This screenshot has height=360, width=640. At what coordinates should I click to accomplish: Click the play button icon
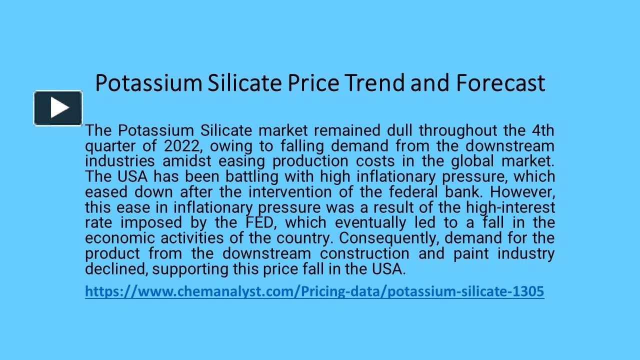[x=58, y=108]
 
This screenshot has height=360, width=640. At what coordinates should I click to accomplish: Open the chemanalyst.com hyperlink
[x=314, y=291]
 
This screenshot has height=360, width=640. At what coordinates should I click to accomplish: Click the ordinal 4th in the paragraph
[x=542, y=130]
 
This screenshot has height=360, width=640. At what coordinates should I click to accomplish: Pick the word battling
[x=257, y=176]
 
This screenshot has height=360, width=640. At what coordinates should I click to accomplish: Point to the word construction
[x=364, y=253]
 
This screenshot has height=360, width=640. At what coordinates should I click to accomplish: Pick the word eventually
[x=370, y=222]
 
